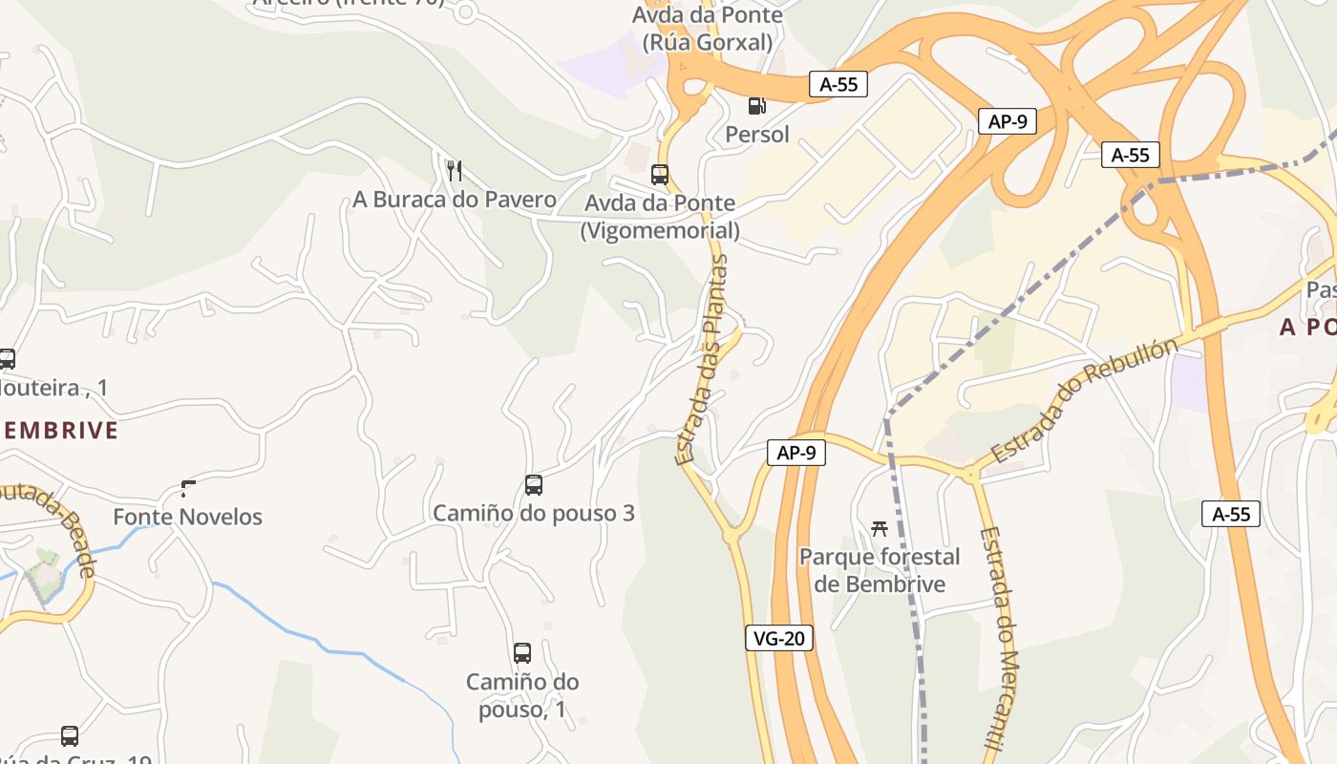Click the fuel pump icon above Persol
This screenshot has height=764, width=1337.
(x=756, y=105)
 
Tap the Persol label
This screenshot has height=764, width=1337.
(x=757, y=135)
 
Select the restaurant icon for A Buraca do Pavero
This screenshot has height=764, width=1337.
(x=455, y=171)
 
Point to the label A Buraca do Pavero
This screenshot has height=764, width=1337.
(x=455, y=200)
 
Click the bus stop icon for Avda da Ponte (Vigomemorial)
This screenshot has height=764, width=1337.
(x=660, y=175)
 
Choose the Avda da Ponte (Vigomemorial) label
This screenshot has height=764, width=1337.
(x=660, y=217)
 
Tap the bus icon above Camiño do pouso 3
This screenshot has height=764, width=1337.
(x=534, y=485)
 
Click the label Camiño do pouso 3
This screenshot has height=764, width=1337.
(x=534, y=514)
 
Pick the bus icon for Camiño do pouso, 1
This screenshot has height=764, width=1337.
(x=522, y=654)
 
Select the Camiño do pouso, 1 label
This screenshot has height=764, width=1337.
(x=522, y=695)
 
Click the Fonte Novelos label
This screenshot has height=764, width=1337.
(x=187, y=518)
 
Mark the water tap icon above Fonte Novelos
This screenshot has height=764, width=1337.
(x=187, y=489)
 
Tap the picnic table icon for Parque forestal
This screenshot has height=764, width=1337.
(x=880, y=528)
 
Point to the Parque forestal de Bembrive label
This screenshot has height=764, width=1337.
(x=880, y=570)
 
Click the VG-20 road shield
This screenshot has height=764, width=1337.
(x=779, y=638)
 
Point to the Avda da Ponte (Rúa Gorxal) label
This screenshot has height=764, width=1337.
(x=708, y=29)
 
